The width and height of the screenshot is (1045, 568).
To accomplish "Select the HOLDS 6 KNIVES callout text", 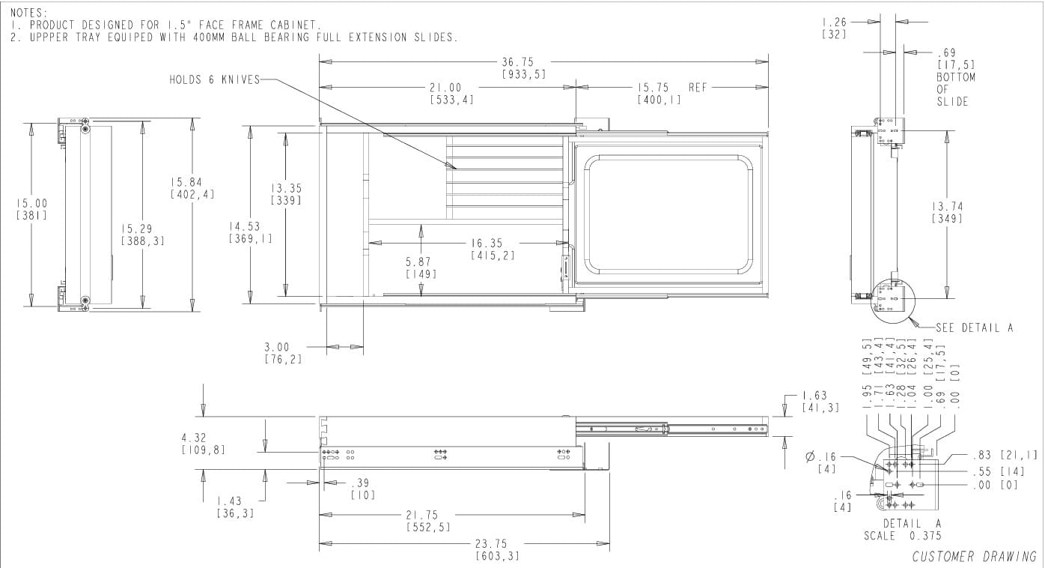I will pos(213,79).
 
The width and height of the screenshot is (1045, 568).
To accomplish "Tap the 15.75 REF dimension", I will pos(671,88).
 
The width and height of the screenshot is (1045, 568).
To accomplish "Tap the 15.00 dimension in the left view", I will pos(31,203).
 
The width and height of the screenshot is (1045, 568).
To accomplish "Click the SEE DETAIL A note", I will pos(974,327).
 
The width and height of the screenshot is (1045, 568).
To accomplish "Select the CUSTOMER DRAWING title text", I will pos(974,556).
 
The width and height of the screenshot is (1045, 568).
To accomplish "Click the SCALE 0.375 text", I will pos(902,535).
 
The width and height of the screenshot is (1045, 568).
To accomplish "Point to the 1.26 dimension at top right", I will pos(834,22).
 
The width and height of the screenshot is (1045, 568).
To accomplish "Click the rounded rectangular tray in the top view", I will pos(667,214).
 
